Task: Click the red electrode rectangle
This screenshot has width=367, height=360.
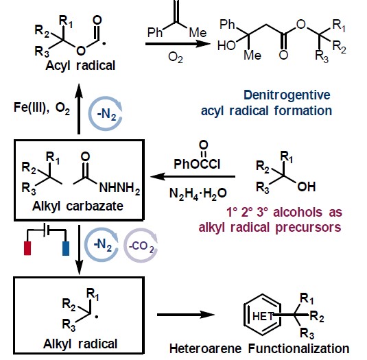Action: [x=27, y=248]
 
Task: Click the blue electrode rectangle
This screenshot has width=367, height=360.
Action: [x=66, y=248]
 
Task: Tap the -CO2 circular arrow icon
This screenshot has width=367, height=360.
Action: [x=141, y=245]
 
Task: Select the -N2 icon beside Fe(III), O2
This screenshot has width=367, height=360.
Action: [x=106, y=114]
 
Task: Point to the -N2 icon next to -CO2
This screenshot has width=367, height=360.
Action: [x=102, y=245]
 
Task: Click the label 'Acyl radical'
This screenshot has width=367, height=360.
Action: [x=80, y=66]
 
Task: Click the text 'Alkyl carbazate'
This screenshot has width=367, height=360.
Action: [x=78, y=206]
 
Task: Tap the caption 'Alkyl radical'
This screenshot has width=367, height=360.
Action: [x=80, y=344]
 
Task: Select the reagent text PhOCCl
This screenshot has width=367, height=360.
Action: [x=197, y=164]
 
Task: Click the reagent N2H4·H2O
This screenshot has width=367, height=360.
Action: [x=198, y=194]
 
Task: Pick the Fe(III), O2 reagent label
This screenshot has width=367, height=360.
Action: [x=42, y=108]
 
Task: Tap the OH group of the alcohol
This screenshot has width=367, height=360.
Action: [x=307, y=187]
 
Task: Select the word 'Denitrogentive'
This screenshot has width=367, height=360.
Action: [x=287, y=95]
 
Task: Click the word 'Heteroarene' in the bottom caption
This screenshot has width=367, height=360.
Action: [x=205, y=348]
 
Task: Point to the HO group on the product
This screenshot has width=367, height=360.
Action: [x=226, y=45]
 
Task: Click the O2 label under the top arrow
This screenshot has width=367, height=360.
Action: [x=176, y=58]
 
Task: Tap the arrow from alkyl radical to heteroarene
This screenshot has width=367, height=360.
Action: [x=186, y=315]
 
